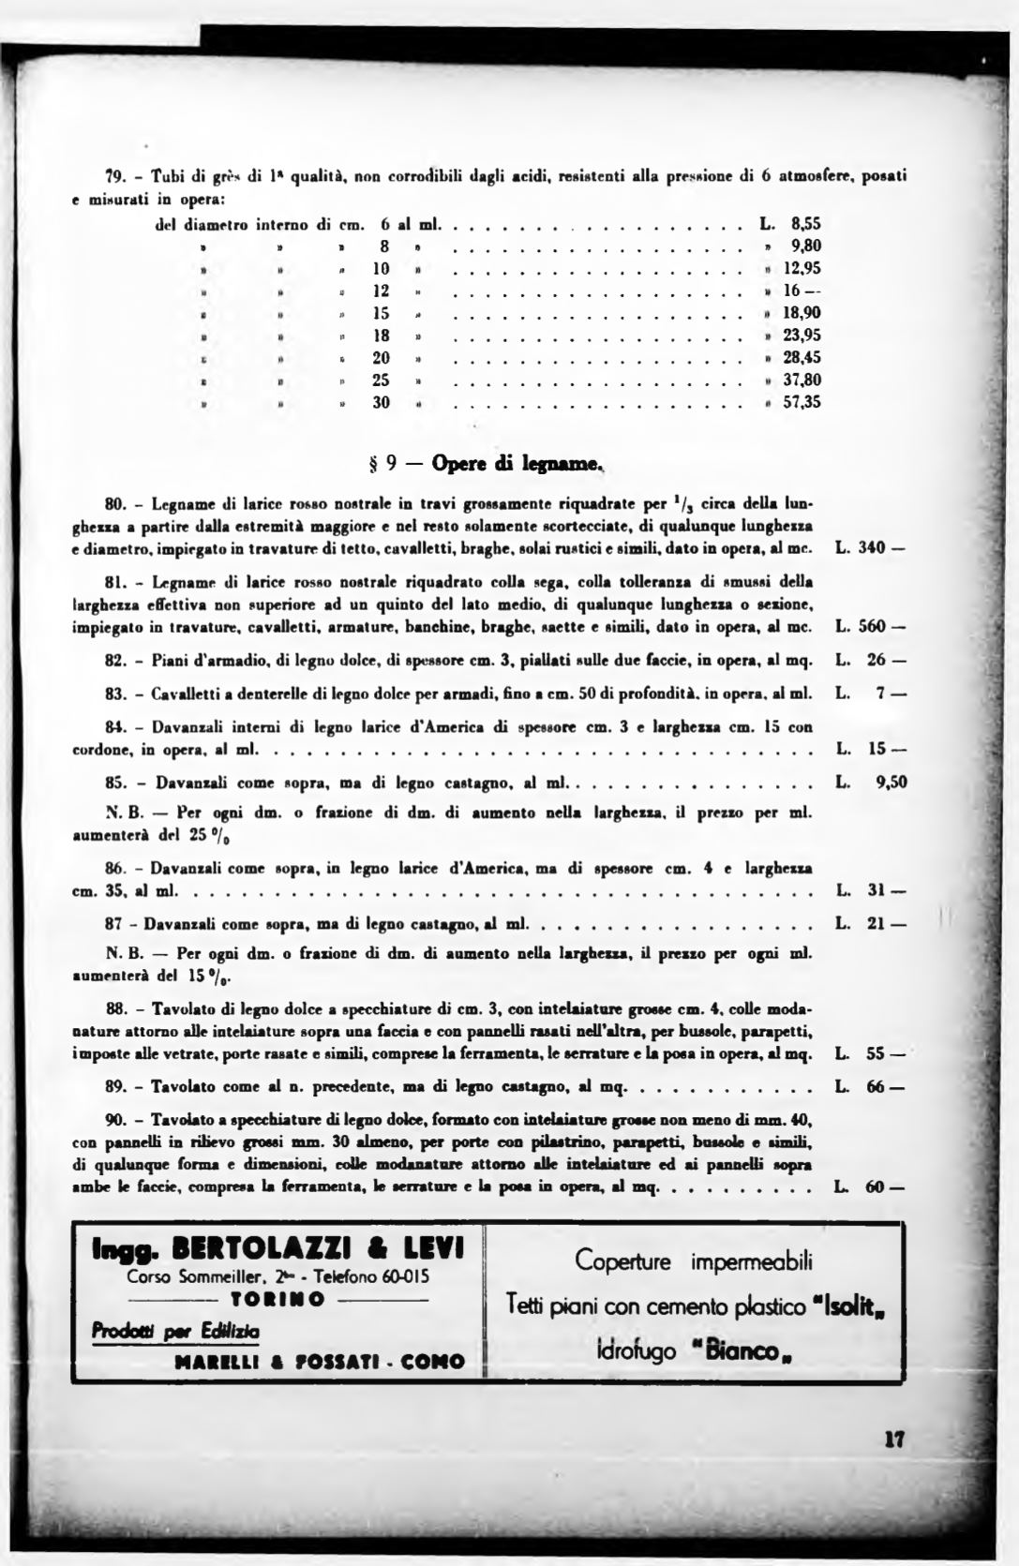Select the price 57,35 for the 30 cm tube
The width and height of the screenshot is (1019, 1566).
click(x=802, y=403)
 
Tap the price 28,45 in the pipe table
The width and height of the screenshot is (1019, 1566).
click(x=802, y=358)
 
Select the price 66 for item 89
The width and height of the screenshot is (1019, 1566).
click(x=877, y=1089)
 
